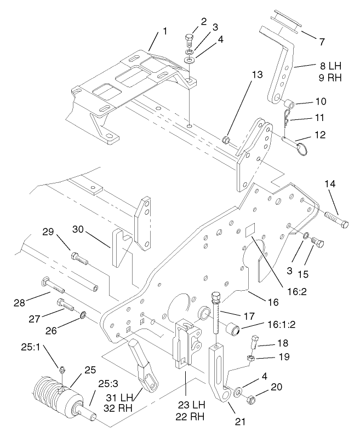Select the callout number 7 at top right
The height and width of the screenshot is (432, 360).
tap(321, 41)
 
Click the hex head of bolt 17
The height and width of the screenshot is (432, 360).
tap(215, 298)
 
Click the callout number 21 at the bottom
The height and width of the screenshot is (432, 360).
tap(239, 422)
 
